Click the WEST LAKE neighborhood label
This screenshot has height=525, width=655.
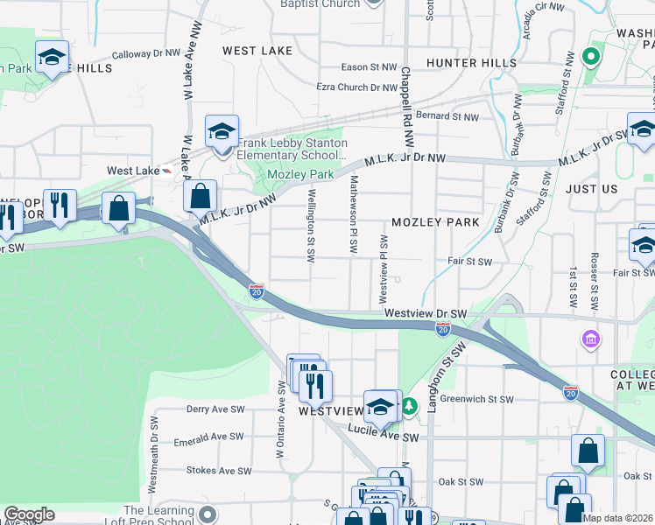(x=257, y=51)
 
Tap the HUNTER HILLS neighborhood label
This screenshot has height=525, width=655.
(x=470, y=63)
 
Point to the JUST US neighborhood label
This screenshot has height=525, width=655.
(x=591, y=189)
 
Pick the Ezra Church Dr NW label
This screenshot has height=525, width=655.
(x=356, y=87)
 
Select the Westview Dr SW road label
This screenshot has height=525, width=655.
(x=426, y=313)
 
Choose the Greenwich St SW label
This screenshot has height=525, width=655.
(x=476, y=399)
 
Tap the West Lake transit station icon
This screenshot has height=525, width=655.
(x=166, y=171)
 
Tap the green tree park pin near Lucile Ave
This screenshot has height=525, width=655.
(x=409, y=407)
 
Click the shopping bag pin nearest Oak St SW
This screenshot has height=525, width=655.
(x=588, y=451)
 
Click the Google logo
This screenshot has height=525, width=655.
(x=29, y=514)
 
